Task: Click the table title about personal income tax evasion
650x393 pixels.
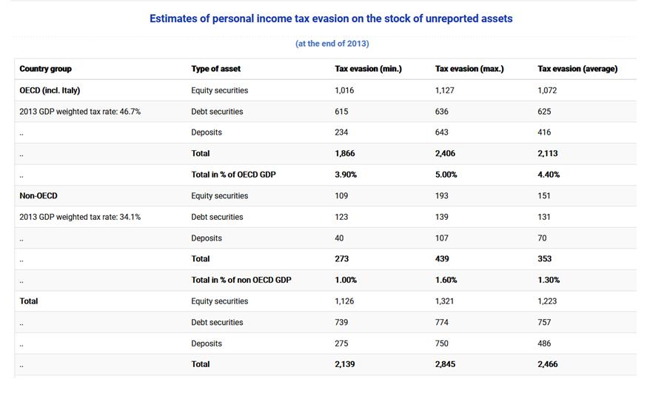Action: point(331,19)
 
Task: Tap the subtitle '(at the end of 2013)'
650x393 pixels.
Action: point(332,44)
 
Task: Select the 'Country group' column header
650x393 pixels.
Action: point(45,69)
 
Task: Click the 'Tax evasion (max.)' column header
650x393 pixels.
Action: point(469,69)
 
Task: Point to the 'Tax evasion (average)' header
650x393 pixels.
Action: point(577,69)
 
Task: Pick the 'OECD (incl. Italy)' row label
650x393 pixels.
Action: point(50,90)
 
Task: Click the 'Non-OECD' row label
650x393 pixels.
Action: point(38,196)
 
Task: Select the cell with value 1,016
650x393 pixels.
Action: point(346,90)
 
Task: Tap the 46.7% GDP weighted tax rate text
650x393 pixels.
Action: point(80,112)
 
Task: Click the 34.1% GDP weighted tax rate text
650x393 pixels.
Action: point(80,217)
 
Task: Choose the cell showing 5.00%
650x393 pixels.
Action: point(446,175)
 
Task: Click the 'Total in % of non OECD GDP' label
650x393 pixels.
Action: point(241,280)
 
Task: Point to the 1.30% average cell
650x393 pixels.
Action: point(549,280)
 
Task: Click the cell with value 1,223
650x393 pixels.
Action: point(547,301)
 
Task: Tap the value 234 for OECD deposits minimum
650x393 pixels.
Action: point(341,132)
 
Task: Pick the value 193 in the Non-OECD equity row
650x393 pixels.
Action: point(442,196)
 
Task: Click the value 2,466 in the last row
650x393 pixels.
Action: point(548,364)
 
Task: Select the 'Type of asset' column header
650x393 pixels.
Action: point(215,69)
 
